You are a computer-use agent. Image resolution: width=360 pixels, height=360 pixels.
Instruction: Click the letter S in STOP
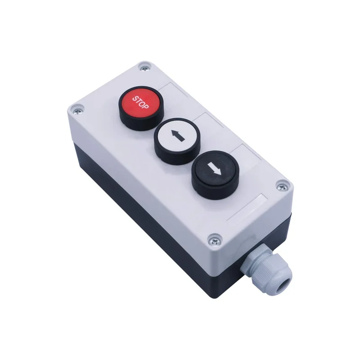pos(135,99)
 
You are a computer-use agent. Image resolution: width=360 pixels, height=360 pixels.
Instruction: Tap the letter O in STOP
pos(142,103)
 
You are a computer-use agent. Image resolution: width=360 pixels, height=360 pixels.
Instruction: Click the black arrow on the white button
pos(178,135)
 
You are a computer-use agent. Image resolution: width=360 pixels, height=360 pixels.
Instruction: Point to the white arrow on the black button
pos(214,169)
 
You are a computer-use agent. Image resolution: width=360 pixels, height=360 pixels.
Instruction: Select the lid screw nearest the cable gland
pos(215,241)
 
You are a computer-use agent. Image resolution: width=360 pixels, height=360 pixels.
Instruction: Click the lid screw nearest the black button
pos(283,187)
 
